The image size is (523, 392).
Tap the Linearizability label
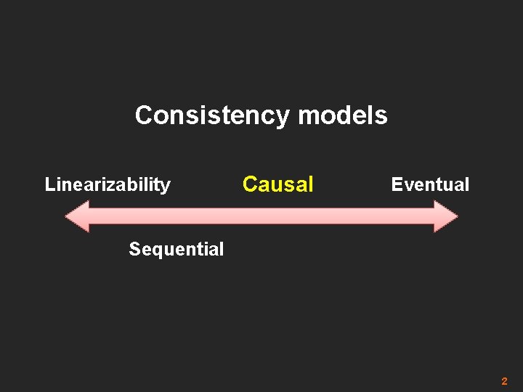pos(108,184)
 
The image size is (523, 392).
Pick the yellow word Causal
pos(277,184)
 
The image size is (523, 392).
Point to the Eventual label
pos(430,184)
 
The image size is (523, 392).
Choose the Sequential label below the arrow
pos(176,250)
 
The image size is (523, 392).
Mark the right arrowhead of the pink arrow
pos(446,216)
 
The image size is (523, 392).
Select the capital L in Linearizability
pos(49,184)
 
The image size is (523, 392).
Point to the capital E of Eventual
pos(397,184)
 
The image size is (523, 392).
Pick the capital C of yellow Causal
pos(250,184)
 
